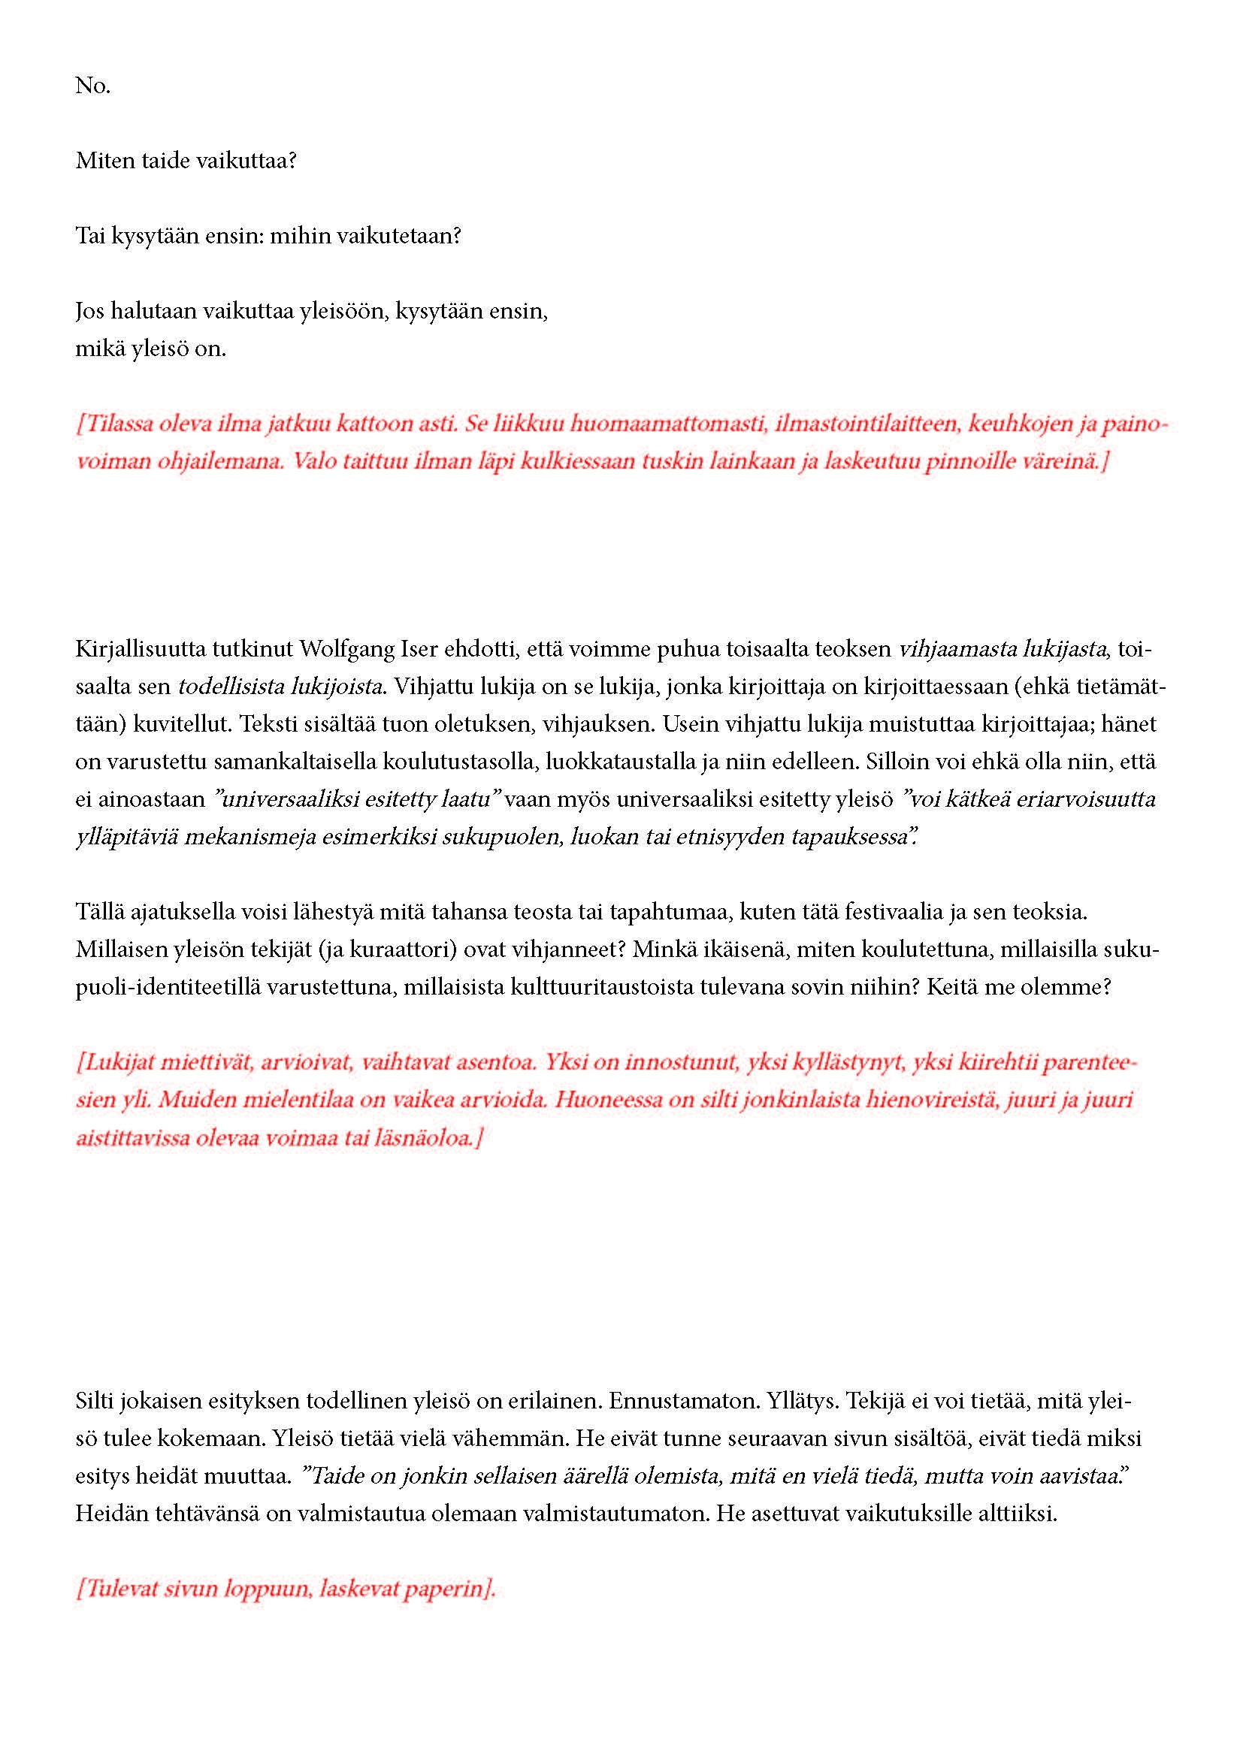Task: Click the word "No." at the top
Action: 92,86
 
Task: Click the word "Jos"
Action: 89,311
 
